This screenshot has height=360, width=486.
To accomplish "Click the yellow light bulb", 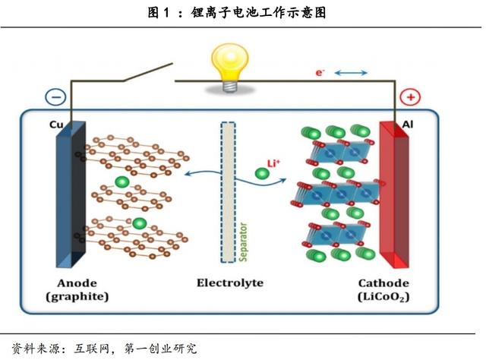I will [229, 65].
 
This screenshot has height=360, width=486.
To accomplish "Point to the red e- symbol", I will [320, 72].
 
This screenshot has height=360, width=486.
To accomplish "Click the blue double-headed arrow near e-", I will [351, 73].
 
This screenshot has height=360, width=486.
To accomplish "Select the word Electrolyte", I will [229, 283].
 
